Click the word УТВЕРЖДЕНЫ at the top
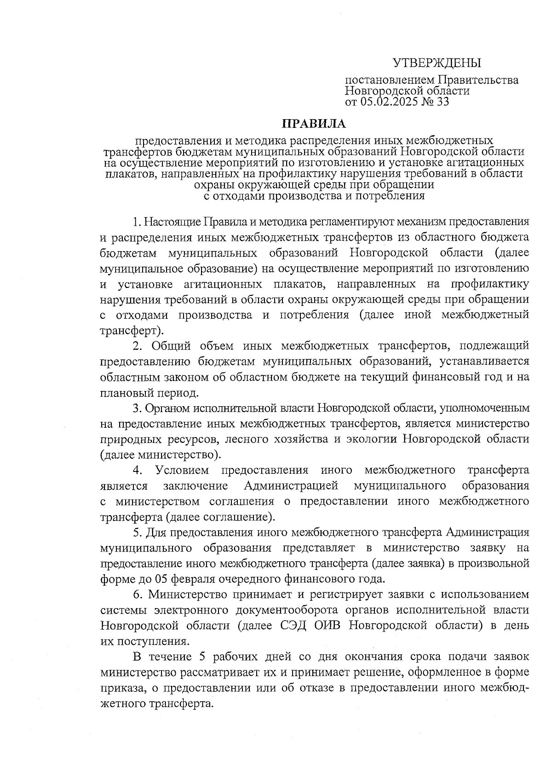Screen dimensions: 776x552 (x=437, y=63)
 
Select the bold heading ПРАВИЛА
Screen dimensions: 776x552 (x=313, y=123)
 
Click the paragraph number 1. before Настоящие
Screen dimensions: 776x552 (x=137, y=222)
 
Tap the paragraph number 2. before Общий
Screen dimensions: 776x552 (x=137, y=346)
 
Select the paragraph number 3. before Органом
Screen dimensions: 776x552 (x=137, y=408)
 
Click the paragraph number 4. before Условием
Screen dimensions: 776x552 (x=137, y=470)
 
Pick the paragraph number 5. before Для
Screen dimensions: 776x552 (x=137, y=532)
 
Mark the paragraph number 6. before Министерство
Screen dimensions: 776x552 (x=137, y=594)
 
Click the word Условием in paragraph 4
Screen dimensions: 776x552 (x=182, y=470)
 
